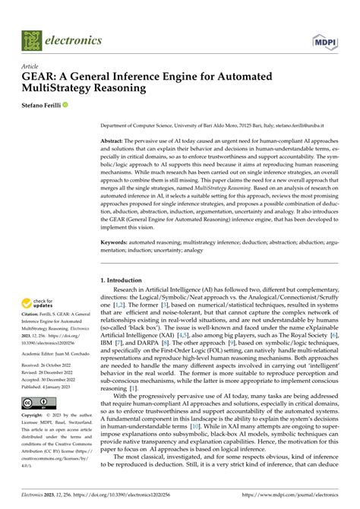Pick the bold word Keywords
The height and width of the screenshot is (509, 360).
(x=117, y=242)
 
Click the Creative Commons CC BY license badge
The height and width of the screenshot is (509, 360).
(x=36, y=403)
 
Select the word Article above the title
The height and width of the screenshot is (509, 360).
(x=32, y=65)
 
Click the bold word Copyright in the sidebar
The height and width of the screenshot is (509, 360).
(x=35, y=416)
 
